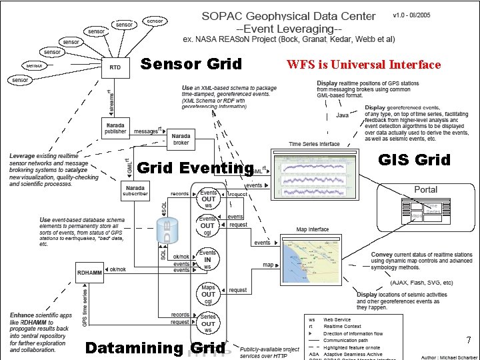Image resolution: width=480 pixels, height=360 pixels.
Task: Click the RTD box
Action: point(115,67)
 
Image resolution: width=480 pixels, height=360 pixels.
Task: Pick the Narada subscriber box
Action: point(135,192)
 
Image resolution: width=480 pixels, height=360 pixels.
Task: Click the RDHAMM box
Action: point(89,273)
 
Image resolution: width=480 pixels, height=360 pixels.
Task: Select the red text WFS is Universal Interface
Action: point(363,65)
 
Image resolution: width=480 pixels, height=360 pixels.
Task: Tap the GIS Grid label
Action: point(414,160)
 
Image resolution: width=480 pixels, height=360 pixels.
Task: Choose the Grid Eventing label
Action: point(195,168)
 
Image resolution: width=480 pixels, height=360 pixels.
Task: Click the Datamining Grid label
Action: point(155,347)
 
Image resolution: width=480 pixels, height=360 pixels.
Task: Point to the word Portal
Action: point(426,190)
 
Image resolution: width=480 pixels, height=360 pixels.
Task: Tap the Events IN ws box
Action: point(208,259)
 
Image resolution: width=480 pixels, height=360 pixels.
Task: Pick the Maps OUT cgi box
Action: point(208,293)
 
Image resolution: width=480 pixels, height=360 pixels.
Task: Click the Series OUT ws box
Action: point(208,324)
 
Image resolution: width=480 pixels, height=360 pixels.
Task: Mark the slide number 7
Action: point(469,341)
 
